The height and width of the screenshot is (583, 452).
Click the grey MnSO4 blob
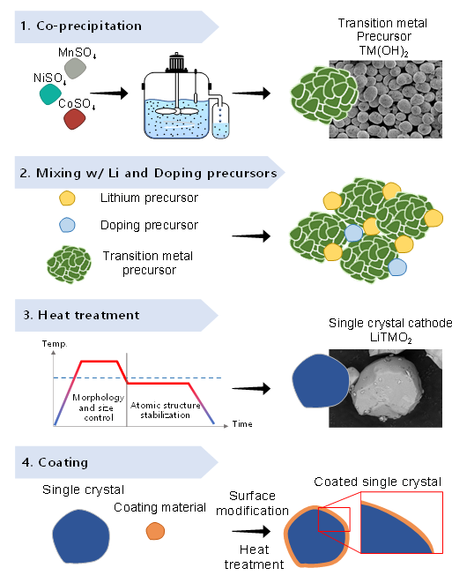pos(76,68)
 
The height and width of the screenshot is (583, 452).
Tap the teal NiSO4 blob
pos(50,94)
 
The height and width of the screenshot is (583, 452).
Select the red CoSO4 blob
pos(75,119)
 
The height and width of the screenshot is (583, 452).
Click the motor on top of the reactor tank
pos(176,62)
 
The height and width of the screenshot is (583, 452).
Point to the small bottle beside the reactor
pos(220,120)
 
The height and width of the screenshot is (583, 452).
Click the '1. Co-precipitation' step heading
pos(81,26)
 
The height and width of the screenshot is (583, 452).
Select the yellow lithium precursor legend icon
pos(67,198)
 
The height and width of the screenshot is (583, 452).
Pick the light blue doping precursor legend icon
pos(67,225)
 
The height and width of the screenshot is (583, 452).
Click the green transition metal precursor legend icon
pos(69,265)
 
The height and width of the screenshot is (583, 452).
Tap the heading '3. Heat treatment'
pos(81,315)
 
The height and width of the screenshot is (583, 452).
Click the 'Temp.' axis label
pos(55,344)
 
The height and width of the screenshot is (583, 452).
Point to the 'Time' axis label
pos(242,424)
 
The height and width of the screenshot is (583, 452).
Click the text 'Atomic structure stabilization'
pos(166,410)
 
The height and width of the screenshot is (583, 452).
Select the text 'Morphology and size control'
pos(98,407)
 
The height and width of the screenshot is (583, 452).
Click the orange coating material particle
pos(155,531)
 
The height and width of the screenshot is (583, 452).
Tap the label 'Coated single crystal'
pos(377,482)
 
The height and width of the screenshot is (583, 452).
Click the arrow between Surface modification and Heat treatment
pos(251,531)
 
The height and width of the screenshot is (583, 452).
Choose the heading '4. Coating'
pos(55,462)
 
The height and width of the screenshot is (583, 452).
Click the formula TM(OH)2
pos(383,50)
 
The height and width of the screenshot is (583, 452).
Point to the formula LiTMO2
pos(390,338)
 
